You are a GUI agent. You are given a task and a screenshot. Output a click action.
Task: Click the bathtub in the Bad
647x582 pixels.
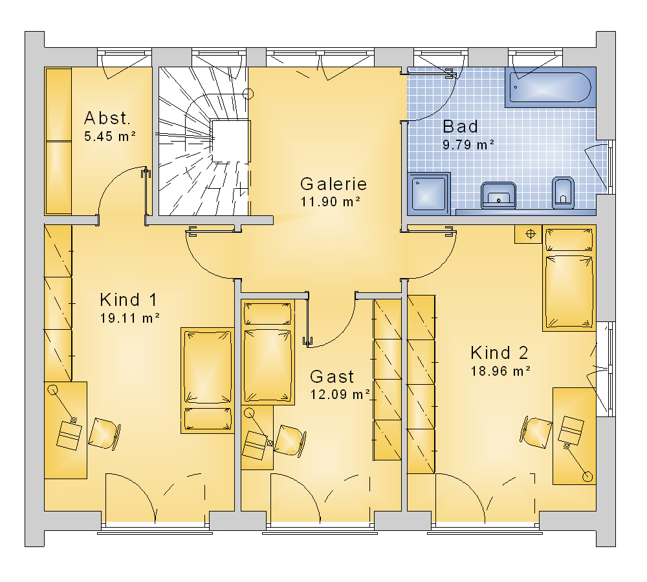pos(551,87)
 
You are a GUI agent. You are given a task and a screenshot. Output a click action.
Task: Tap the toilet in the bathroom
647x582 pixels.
pos(563,193)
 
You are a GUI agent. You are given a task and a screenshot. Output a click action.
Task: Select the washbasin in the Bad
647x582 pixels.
pos(498,195)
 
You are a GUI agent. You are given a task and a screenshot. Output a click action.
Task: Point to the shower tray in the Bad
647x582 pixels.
pos(428,193)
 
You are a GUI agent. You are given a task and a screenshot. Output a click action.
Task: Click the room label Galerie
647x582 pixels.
pos(333,184)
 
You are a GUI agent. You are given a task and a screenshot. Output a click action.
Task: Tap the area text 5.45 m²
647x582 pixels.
pos(110,136)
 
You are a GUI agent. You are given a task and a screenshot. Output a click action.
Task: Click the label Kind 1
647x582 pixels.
pos(128,300)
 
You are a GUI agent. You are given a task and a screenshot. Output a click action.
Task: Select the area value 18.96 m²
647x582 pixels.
pos(501,371)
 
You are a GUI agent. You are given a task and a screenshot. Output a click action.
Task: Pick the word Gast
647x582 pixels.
pos(332,376)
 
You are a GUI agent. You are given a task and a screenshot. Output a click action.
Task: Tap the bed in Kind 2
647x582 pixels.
pos(569,279)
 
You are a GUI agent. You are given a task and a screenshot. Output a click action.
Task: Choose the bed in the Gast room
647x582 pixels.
pos(268,352)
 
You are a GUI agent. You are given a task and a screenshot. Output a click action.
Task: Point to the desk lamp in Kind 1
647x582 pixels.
pos(63,405)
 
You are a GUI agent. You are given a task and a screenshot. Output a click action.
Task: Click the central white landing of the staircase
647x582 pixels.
pos(230,141)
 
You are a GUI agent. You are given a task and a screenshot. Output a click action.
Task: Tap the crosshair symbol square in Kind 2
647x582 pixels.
pos(531,234)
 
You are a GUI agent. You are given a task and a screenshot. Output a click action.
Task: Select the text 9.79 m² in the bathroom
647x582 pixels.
pos(468,145)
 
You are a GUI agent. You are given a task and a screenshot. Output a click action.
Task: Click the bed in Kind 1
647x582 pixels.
pos(208,380)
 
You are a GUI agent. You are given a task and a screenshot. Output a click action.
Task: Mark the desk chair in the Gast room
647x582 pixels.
pos(291,440)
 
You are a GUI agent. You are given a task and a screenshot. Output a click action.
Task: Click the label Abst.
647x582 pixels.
pos(107,118)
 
